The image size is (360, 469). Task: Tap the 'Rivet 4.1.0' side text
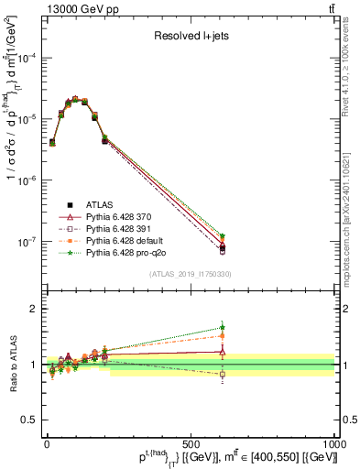pos(351,64)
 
